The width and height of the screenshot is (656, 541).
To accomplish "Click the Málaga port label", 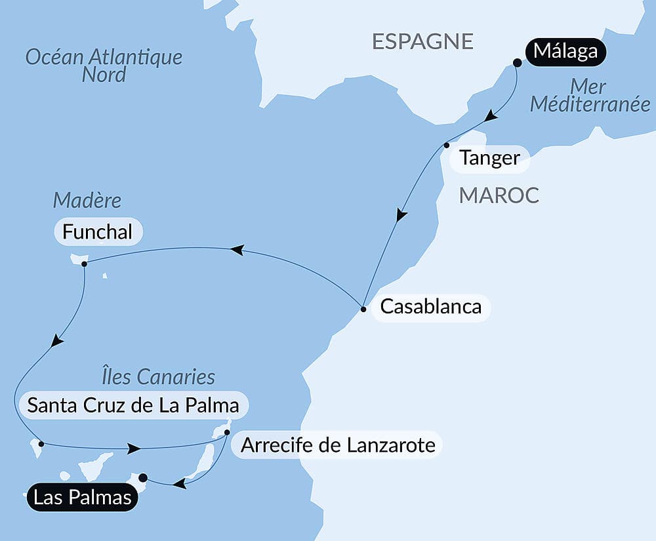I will [565, 51].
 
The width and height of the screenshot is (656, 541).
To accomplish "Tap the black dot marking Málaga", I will [517, 63].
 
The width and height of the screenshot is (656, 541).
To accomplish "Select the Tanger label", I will [489, 158].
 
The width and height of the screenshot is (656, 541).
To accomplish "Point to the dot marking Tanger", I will [447, 145].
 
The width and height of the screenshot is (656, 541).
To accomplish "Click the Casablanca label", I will [430, 306].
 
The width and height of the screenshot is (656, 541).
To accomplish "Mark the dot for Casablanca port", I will [363, 308].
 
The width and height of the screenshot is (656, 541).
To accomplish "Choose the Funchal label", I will [97, 231].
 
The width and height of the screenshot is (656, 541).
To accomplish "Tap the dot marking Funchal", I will [84, 264].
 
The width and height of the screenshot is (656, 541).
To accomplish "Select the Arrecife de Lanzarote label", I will [338, 445].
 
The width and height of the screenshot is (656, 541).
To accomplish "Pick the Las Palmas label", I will [82, 498].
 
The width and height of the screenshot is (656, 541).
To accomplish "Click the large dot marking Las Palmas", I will [143, 477].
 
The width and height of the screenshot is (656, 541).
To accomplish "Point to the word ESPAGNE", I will [422, 41].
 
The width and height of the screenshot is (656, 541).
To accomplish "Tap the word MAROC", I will [499, 195].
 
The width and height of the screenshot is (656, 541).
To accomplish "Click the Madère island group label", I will [88, 199].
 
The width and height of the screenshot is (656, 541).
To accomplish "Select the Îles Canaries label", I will [158, 376].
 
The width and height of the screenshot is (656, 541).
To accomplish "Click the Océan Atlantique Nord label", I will [104, 65].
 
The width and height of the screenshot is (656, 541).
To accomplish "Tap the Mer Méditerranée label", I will [589, 95].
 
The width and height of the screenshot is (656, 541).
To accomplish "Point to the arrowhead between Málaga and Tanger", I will [491, 118].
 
